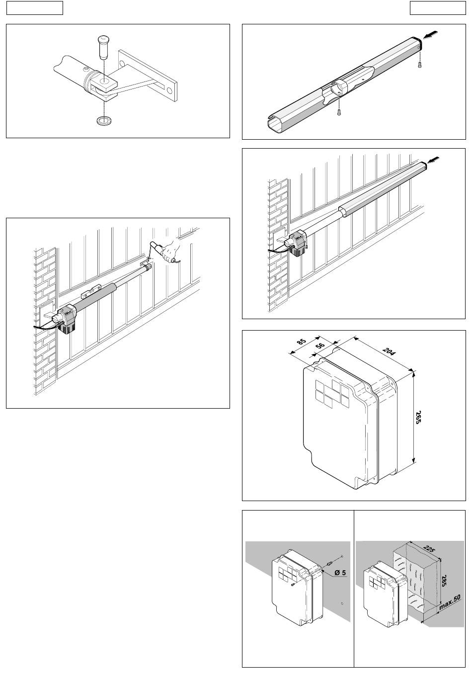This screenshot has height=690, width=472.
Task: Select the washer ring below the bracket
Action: point(104,120)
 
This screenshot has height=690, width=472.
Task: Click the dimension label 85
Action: point(302,342)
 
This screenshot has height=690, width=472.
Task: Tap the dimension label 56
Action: point(320,345)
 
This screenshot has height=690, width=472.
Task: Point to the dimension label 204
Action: point(389,351)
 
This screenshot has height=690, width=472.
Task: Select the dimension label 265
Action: point(417,417)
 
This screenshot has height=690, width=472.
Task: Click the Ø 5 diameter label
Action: point(340,573)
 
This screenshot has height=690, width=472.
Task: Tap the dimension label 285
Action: point(443,580)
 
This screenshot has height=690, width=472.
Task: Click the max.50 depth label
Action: point(450,602)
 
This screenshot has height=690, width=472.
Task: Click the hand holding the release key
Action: point(169,250)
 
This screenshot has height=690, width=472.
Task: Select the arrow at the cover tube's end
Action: point(430,34)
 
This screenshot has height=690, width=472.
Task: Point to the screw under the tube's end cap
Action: point(419,65)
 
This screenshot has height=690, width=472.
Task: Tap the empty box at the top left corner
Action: point(35,7)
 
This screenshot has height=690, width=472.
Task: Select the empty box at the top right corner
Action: point(438,7)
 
